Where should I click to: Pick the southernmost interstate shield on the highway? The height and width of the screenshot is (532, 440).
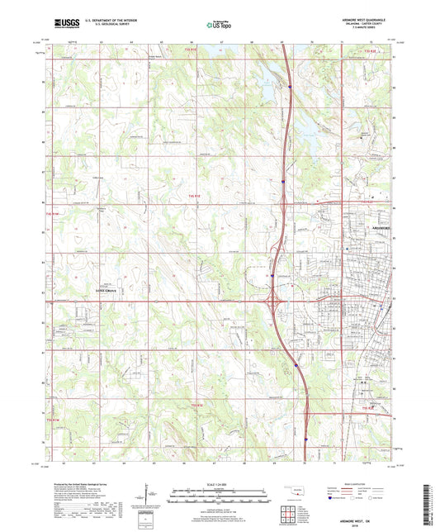click(305, 439)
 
